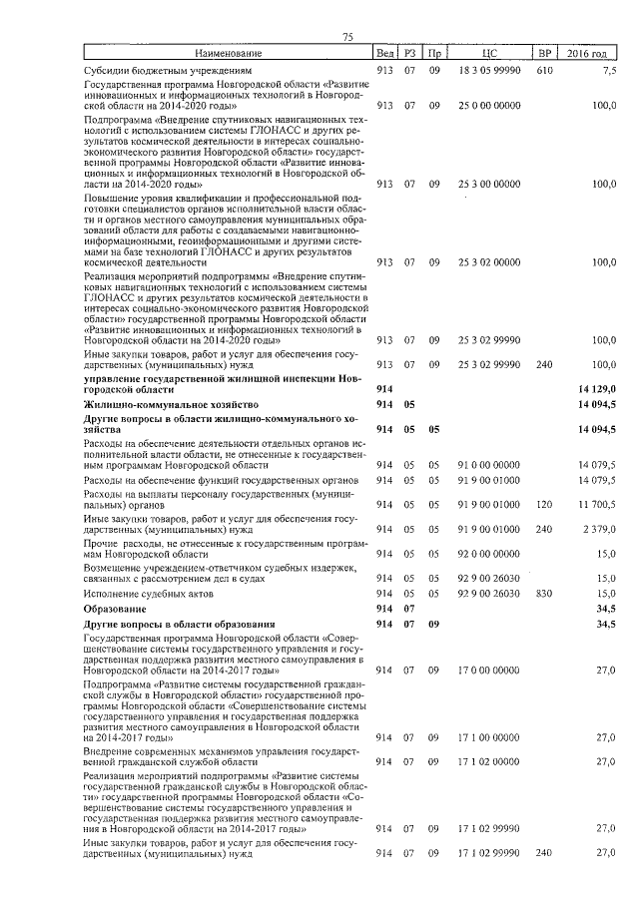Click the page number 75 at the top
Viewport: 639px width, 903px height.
click(347, 37)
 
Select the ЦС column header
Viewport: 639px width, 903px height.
click(488, 53)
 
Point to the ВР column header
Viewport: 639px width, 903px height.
click(544, 53)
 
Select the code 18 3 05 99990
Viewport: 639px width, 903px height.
click(488, 72)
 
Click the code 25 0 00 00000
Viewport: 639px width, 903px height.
click(488, 104)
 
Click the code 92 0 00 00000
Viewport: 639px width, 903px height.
click(488, 552)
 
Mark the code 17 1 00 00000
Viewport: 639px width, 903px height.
click(488, 736)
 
